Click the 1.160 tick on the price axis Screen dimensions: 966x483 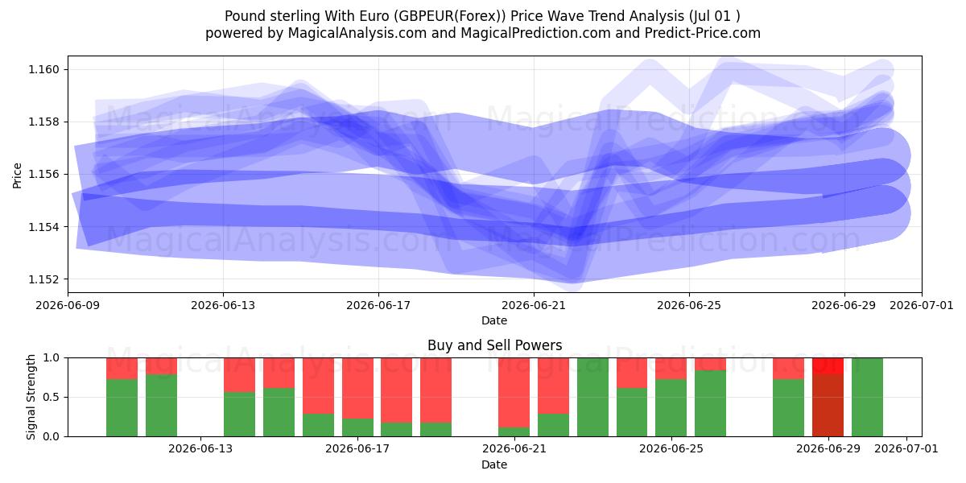point(44,69)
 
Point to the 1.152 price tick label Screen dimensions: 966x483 point(44,279)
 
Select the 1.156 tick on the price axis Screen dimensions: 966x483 point(44,174)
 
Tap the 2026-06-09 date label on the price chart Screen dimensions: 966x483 point(68,305)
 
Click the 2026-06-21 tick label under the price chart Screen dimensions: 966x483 point(534,305)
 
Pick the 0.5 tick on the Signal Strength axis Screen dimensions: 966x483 point(51,397)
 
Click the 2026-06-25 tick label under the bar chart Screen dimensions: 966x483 point(671,448)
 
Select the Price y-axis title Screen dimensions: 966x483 point(17,175)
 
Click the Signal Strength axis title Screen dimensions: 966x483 point(31,397)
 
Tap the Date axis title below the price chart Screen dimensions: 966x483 point(494,320)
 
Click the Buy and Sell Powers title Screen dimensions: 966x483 point(494,345)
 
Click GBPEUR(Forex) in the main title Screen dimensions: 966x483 point(448,16)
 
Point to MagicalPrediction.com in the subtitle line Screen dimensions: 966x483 point(535,33)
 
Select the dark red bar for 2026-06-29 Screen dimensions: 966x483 point(828,397)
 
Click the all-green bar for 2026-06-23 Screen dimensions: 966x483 point(593,397)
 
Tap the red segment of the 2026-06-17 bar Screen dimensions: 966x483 point(358,388)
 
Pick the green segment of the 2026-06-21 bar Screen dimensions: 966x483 point(514,431)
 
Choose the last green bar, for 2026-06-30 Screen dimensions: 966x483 point(867,397)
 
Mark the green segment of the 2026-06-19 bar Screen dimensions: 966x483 point(436,430)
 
